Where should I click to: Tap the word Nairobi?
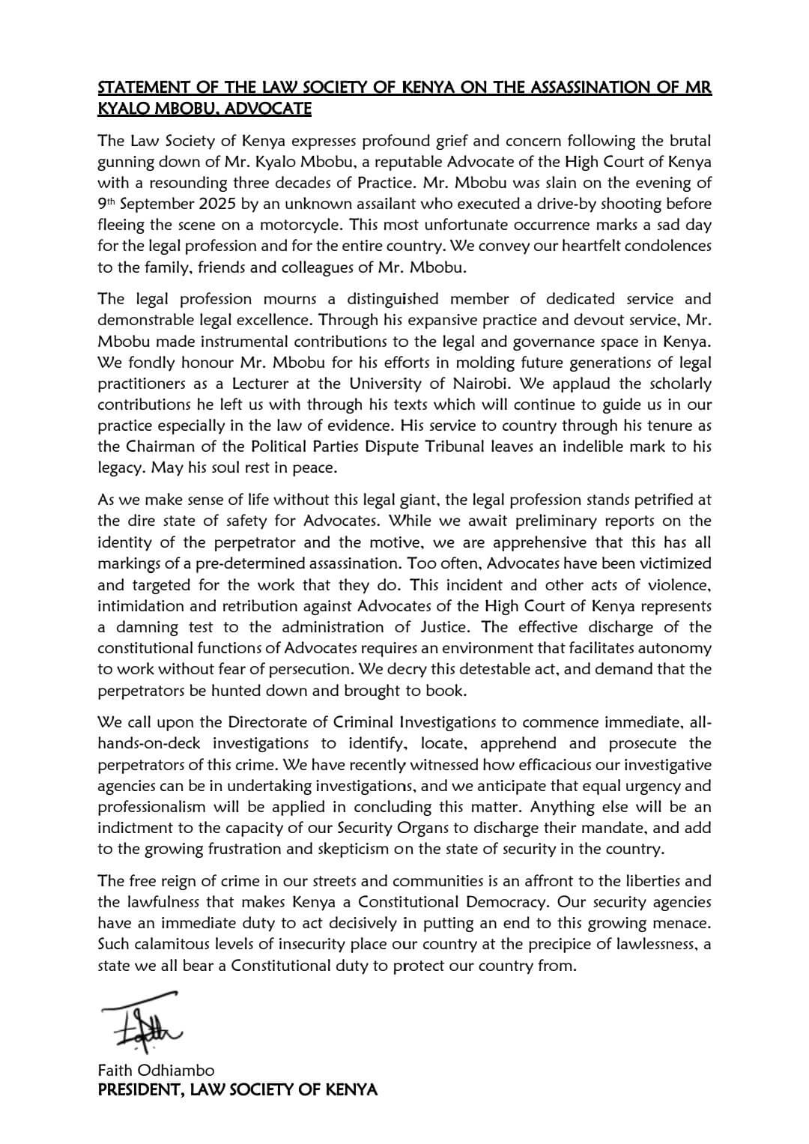pos(476,384)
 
